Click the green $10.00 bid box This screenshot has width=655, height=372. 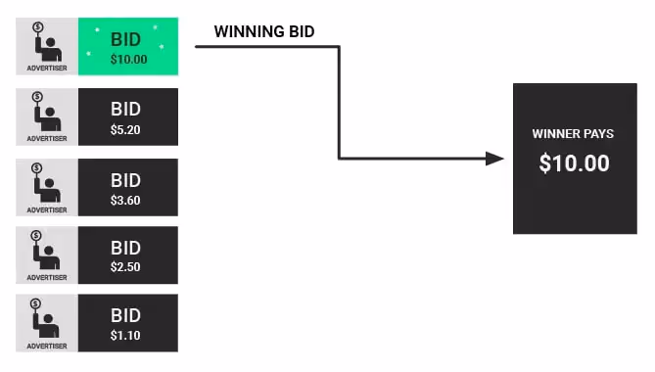[127, 47]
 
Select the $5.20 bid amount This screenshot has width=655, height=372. [126, 128]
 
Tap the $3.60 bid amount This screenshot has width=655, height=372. [126, 199]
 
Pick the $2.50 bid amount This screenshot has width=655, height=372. [126, 267]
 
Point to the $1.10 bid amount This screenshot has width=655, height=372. [126, 336]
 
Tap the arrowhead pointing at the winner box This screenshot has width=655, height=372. [495, 159]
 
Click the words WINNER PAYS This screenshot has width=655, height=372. [573, 134]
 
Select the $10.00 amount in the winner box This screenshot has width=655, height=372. [574, 163]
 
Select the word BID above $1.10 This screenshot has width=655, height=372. [126, 317]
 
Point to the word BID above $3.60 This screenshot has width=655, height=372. [126, 181]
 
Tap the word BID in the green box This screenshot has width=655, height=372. [126, 40]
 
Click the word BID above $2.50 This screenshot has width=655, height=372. [126, 249]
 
